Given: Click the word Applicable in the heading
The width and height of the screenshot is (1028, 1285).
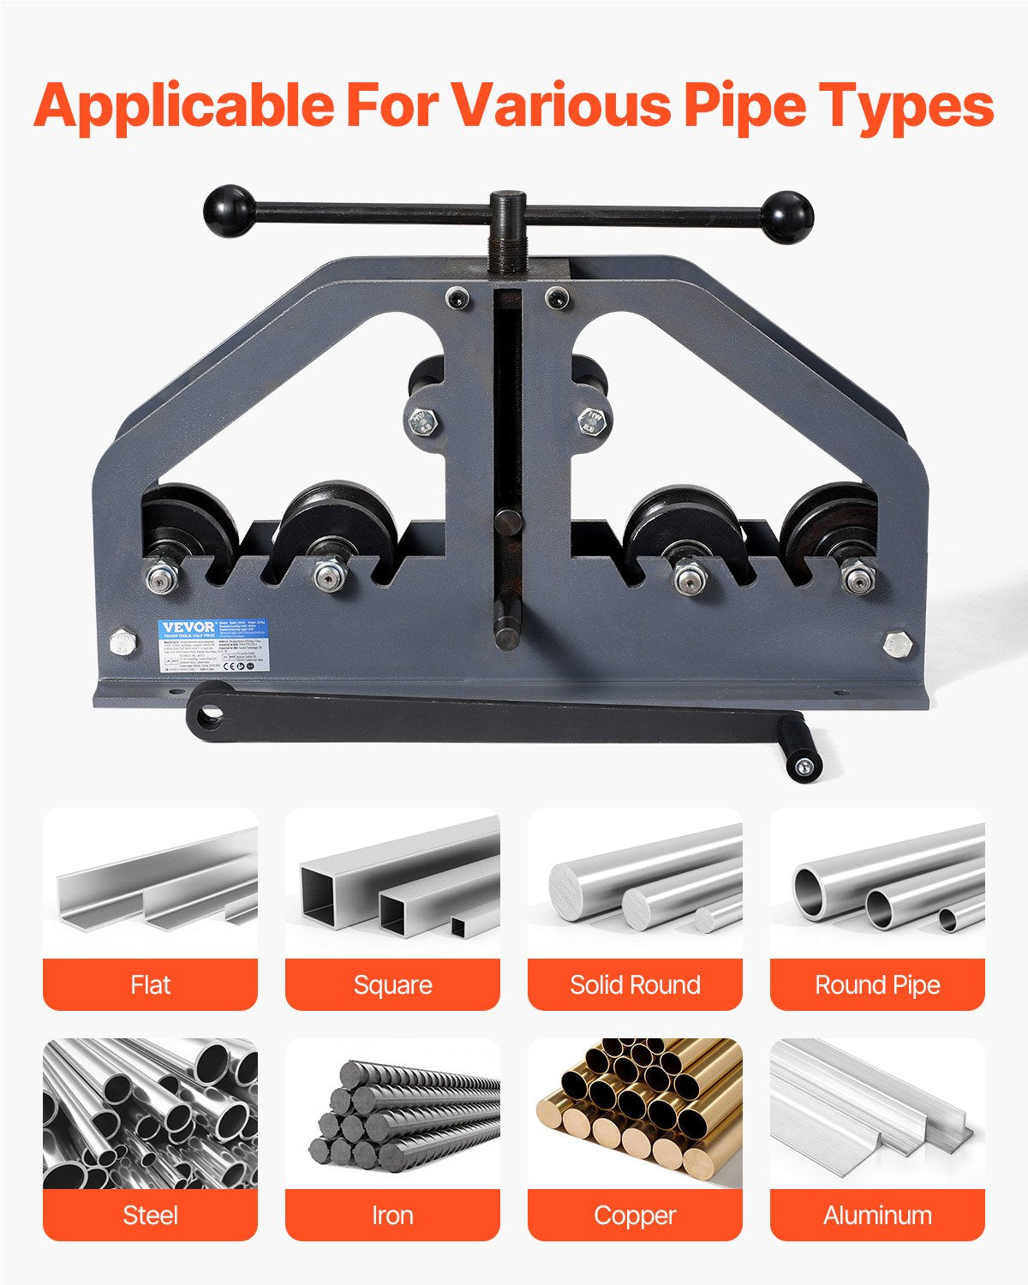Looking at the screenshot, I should pyautogui.click(x=184, y=105).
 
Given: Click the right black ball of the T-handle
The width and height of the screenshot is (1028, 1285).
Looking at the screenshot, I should pyautogui.click(x=786, y=216).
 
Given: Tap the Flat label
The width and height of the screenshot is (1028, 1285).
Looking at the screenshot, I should pyautogui.click(x=150, y=985).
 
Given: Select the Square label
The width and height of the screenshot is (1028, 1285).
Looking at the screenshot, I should pyautogui.click(x=392, y=985).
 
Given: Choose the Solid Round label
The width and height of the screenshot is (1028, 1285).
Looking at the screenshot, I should pyautogui.click(x=635, y=985).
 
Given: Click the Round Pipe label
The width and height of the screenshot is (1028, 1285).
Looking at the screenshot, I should pyautogui.click(x=877, y=985).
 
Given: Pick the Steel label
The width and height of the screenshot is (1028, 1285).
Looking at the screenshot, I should pyautogui.click(x=150, y=1215).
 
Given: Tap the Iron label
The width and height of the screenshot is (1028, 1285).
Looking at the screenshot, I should pyautogui.click(x=392, y=1215).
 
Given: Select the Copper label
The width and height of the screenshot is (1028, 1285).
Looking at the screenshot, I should pyautogui.click(x=635, y=1215).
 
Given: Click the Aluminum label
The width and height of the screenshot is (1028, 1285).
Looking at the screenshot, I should pyautogui.click(x=877, y=1215).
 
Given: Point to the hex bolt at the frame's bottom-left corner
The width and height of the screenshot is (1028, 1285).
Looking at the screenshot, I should pyautogui.click(x=123, y=643).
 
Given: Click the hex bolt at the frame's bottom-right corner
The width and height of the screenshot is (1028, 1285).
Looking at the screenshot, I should pyautogui.click(x=896, y=644).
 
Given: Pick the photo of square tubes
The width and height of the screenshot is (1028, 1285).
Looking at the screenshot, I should pyautogui.click(x=392, y=882).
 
